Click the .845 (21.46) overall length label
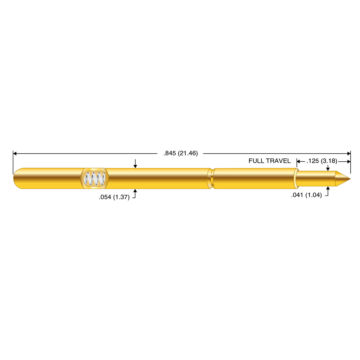coord(181,153)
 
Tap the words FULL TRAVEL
coord(270,161)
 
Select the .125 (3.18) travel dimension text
coord(322,161)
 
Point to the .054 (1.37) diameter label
coord(114,197)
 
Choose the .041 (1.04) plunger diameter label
coord(306,195)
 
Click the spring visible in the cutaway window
coord(95,179)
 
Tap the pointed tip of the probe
coord(350,179)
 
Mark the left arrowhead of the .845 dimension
coord(15,153)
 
